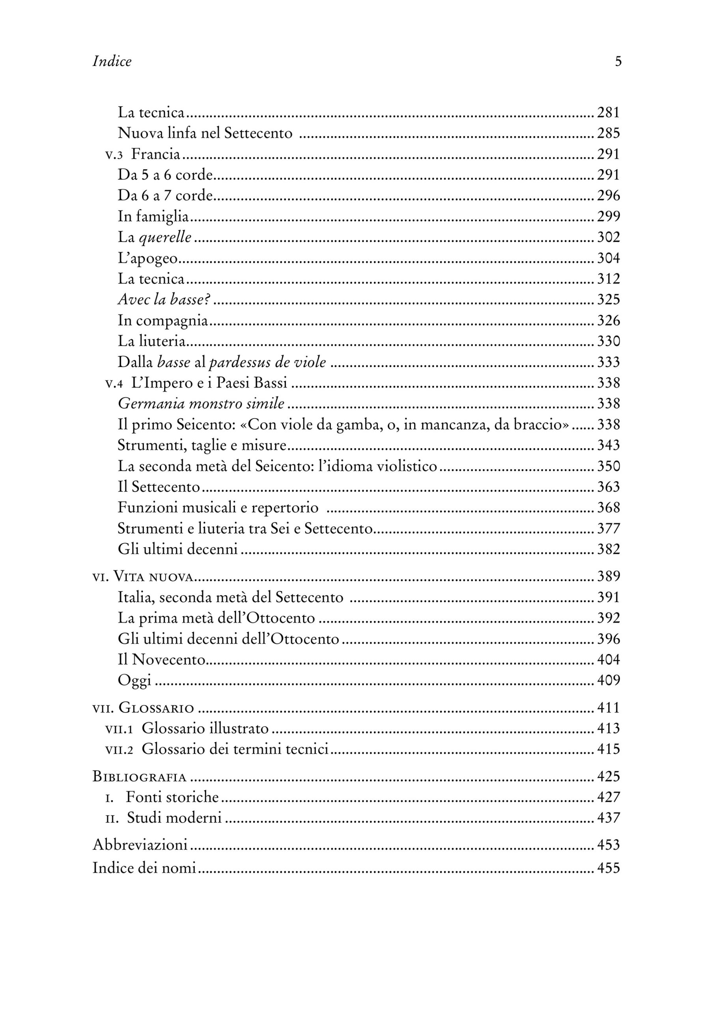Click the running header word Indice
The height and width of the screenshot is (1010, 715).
click(112, 61)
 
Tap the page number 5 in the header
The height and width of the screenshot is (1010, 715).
click(618, 61)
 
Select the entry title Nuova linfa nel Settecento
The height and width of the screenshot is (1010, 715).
click(205, 133)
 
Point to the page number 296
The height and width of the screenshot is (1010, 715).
click(608, 196)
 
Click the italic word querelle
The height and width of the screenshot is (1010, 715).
click(165, 238)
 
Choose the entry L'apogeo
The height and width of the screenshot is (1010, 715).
click(147, 258)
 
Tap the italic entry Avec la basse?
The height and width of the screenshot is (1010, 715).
click(163, 299)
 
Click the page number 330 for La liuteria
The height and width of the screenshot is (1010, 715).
click(608, 341)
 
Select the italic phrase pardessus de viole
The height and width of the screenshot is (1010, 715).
click(267, 362)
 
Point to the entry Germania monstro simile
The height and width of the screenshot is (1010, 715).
click(201, 404)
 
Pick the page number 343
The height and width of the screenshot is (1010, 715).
click(608, 445)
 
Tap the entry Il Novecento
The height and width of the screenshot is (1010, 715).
click(162, 659)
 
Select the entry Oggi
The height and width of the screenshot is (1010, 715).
click(134, 681)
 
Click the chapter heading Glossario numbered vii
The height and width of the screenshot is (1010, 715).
click(156, 708)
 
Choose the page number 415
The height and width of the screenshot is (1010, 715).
click(608, 749)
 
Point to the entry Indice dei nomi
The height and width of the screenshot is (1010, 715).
click(144, 868)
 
